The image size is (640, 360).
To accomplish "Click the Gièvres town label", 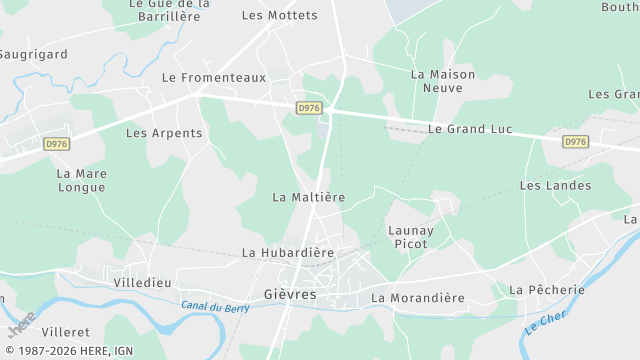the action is (x=290, y=294).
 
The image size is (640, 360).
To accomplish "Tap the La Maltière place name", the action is (x=308, y=197).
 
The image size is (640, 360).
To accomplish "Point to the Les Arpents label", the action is (x=164, y=132).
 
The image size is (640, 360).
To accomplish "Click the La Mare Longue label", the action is (x=81, y=180).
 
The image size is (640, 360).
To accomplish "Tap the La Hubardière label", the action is (x=288, y=253).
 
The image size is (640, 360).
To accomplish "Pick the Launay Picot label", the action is (x=411, y=237).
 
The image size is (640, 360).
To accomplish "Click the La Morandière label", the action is (x=418, y=298).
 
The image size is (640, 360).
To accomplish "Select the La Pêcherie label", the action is (x=546, y=289).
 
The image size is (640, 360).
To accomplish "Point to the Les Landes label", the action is (x=555, y=185).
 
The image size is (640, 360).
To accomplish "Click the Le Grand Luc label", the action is (x=470, y=129).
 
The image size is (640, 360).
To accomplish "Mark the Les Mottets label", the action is (x=280, y=15).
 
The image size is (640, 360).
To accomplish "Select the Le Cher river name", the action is (x=545, y=322).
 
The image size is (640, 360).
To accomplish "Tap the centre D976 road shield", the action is (x=308, y=107).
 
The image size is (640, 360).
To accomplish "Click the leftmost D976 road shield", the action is (x=57, y=143).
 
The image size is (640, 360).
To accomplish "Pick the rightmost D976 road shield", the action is (x=575, y=142).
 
